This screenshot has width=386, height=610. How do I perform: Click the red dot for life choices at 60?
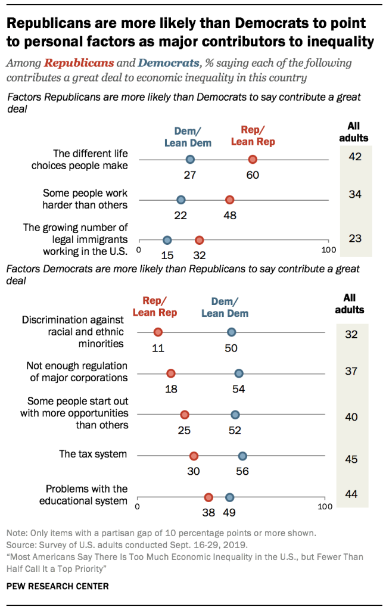point(253,159)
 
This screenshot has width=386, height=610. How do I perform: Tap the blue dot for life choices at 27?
point(190,159)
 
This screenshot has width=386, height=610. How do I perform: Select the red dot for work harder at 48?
point(229,200)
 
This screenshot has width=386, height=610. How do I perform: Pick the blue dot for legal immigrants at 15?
point(167,240)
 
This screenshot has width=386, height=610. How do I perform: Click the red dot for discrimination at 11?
point(158,332)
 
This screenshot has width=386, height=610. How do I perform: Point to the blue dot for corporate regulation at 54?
point(239,374)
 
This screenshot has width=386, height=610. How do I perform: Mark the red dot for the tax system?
point(194,456)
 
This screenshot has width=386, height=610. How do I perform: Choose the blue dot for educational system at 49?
point(229,497)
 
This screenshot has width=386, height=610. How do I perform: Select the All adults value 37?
point(351,371)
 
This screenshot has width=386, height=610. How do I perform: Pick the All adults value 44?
point(351,494)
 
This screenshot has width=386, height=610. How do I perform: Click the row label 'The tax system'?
point(93,454)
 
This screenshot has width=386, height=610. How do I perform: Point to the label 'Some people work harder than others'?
point(85,199)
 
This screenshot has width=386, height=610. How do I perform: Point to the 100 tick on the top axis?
point(328,250)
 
